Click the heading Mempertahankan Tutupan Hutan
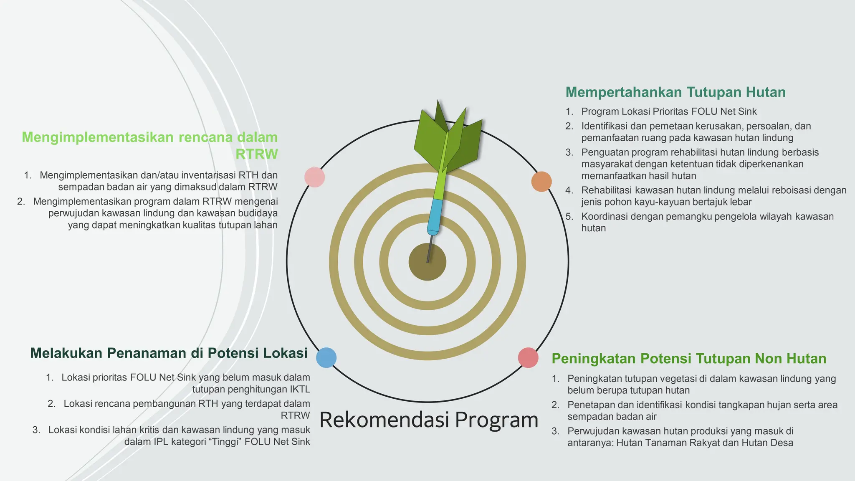click(675, 92)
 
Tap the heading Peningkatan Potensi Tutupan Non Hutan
click(689, 359)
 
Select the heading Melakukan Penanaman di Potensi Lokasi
click(169, 353)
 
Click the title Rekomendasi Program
click(429, 420)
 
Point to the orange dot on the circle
click(541, 182)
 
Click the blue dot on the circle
click(326, 358)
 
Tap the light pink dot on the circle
click(315, 177)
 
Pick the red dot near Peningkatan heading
click(528, 358)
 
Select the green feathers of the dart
click(447, 138)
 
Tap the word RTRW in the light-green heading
click(256, 154)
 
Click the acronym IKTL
click(299, 390)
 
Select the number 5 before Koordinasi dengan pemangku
click(569, 217)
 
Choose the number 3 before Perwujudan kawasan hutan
click(555, 431)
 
